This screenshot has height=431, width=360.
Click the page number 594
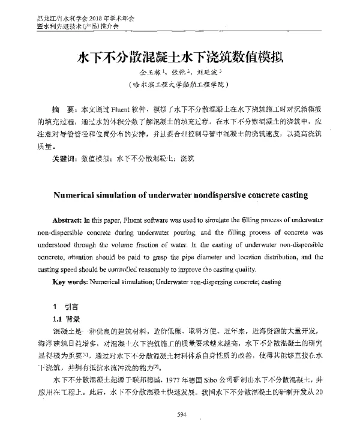(179, 414)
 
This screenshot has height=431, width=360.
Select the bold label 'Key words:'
(69, 282)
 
